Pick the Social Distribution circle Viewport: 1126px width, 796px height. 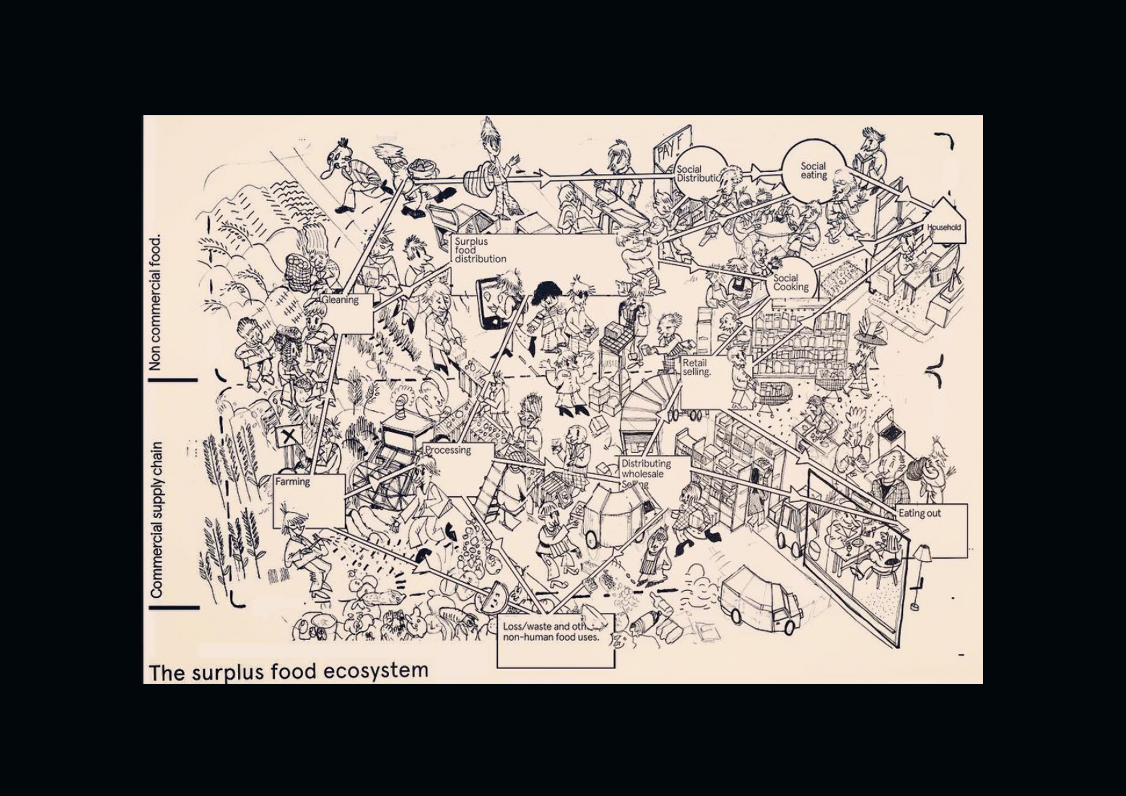[699, 174]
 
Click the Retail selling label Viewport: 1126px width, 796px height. [697, 367]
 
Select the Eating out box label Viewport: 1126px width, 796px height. [920, 514]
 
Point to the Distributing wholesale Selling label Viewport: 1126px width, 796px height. [646, 473]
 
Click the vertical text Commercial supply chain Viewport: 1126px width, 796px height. [156, 520]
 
